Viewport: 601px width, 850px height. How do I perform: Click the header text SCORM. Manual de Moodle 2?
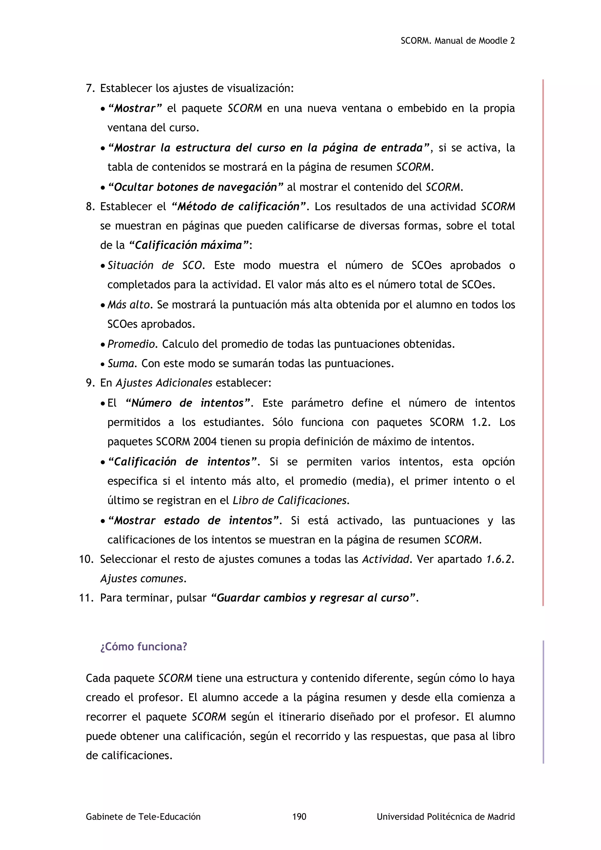(x=457, y=41)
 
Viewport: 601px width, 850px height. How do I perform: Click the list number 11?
(x=86, y=598)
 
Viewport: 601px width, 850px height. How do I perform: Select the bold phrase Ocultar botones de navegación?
(x=195, y=187)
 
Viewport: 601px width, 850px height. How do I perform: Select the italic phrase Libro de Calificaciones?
(x=291, y=500)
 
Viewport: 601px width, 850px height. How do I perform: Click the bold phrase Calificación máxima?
(x=189, y=245)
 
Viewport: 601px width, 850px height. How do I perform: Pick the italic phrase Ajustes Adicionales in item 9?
(x=164, y=383)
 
